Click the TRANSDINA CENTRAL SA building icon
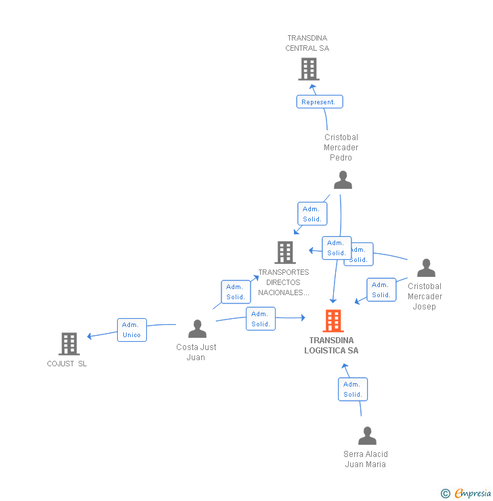tap(309, 69)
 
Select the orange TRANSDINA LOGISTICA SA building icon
tap(333, 321)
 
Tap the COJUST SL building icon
tap(69, 344)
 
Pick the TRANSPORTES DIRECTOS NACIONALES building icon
tap(285, 253)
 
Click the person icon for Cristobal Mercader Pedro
tap(343, 180)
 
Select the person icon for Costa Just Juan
tap(197, 329)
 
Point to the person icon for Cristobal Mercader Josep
tap(426, 268)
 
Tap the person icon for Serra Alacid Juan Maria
tap(367, 436)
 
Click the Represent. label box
tap(319, 102)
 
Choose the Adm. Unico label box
tap(131, 330)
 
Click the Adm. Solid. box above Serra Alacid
tap(352, 389)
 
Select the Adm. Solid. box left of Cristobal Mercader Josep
tap(381, 290)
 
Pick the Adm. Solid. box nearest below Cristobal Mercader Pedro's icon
tap(312, 214)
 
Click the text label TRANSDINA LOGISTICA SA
tap(331, 345)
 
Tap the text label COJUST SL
tap(67, 364)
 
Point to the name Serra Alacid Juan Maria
tap(366, 459)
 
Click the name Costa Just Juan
tap(196, 352)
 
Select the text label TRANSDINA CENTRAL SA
tap(307, 43)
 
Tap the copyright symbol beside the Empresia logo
tap(445, 494)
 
